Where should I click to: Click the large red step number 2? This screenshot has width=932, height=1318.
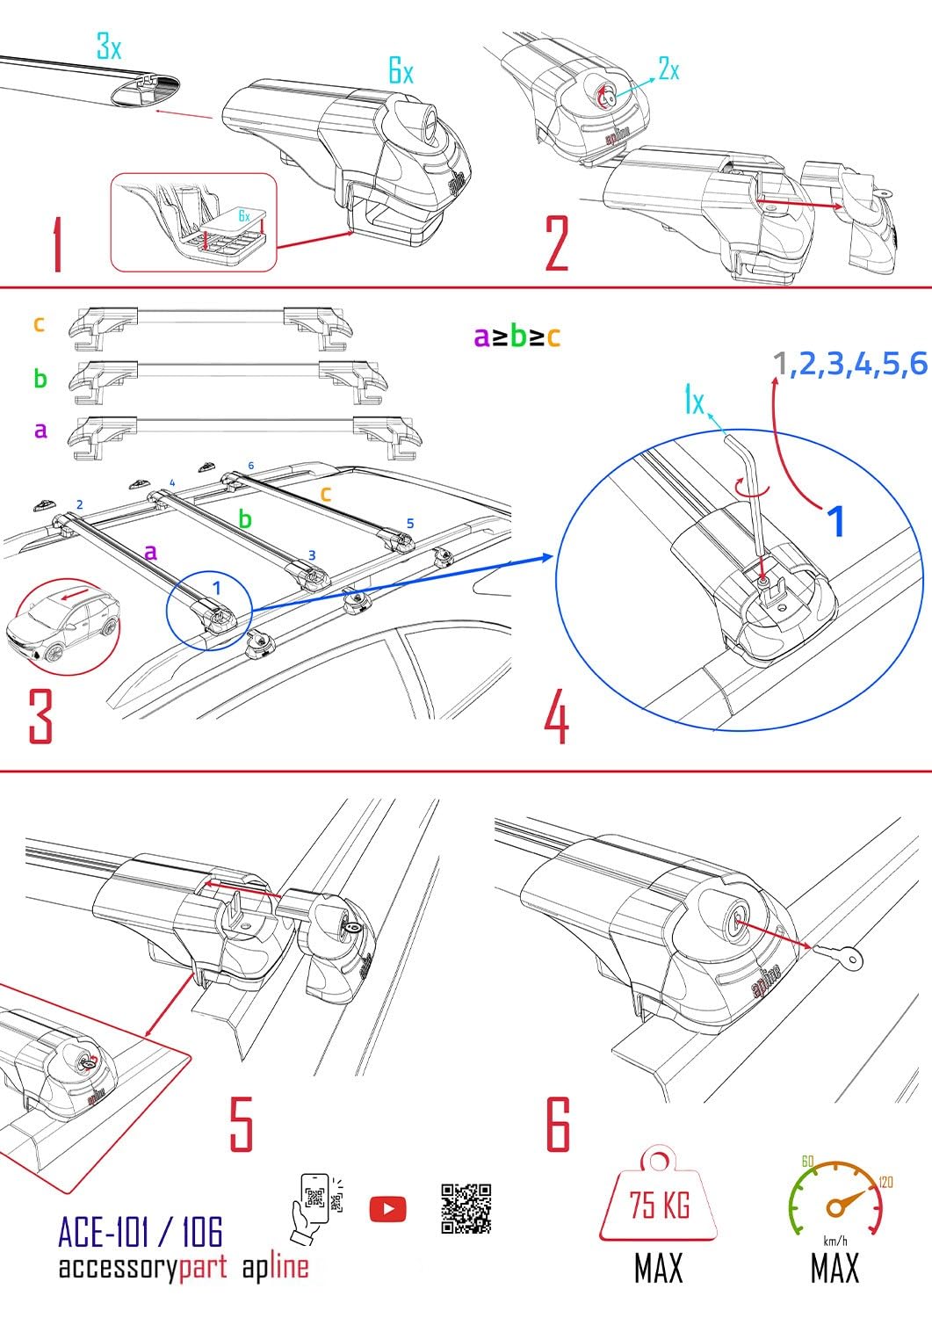click(x=557, y=242)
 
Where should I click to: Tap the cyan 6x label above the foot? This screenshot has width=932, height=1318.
click(x=401, y=72)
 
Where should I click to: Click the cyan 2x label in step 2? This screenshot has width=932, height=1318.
click(x=669, y=69)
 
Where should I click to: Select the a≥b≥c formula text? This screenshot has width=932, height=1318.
click(x=517, y=336)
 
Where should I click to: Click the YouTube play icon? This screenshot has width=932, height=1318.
click(x=387, y=1209)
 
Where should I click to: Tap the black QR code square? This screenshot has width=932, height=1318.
click(x=466, y=1208)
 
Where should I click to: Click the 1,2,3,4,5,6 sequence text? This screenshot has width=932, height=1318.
click(x=850, y=364)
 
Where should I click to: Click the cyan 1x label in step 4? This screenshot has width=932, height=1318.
click(x=694, y=402)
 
